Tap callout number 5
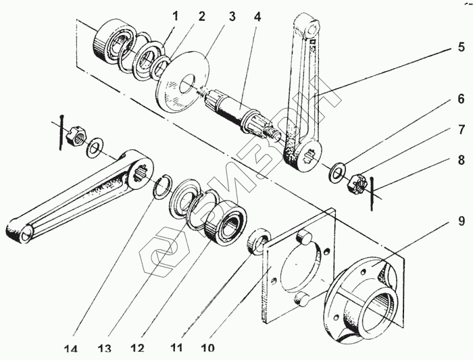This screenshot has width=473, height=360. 460,47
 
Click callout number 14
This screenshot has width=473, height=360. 72,349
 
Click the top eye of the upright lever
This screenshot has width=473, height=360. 312,30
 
